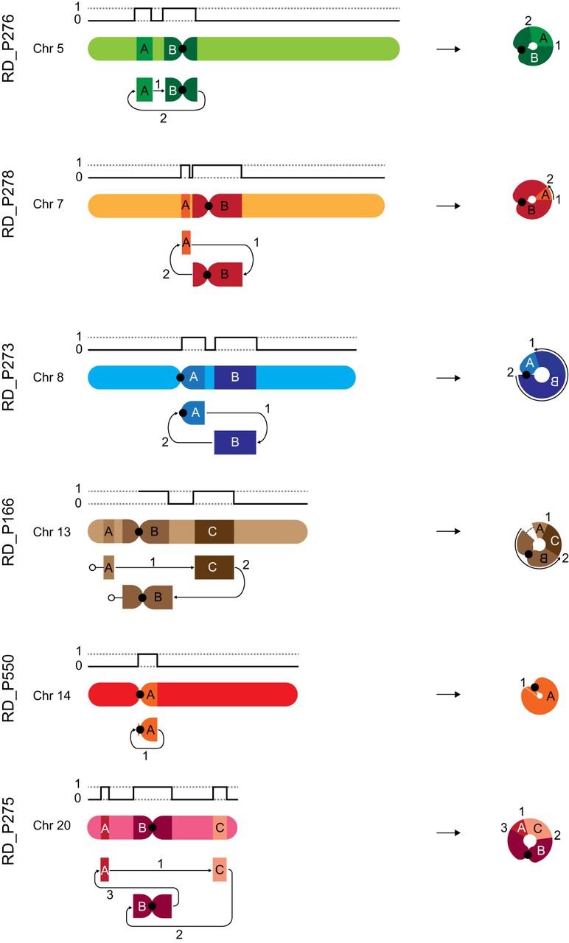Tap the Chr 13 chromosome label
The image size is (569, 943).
tap(51, 531)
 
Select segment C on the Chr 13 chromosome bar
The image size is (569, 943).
tap(214, 531)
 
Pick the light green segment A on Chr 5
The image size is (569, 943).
tap(144, 49)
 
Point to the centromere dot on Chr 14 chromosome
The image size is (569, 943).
tap(140, 694)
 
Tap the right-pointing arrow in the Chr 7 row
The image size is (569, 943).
tap(449, 206)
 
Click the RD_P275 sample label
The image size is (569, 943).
tap(11, 829)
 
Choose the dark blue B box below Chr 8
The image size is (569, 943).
tap(234, 442)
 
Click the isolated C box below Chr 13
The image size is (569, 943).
tap(214, 567)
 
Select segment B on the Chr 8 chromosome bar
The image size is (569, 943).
tap(235, 377)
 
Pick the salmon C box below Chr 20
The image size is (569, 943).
tap(220, 870)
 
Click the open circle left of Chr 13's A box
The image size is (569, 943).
tap(93, 567)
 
